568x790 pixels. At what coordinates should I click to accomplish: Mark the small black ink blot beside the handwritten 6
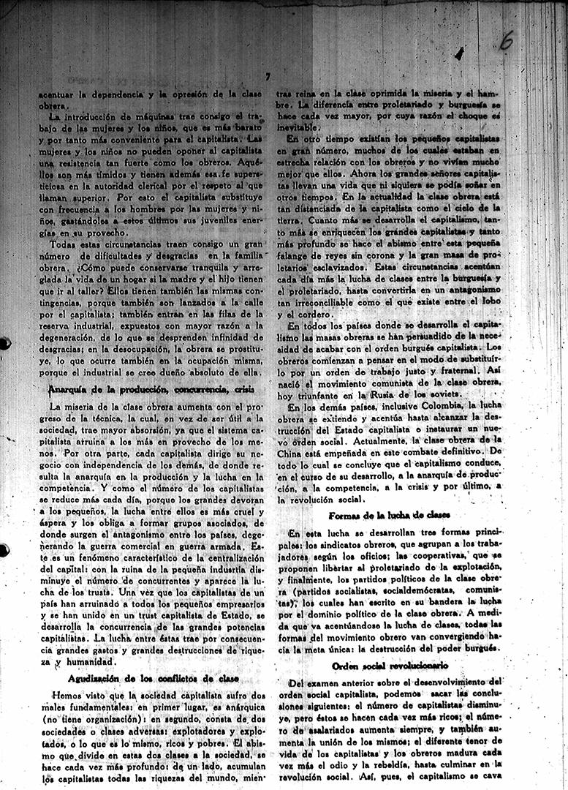(x=458, y=53)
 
